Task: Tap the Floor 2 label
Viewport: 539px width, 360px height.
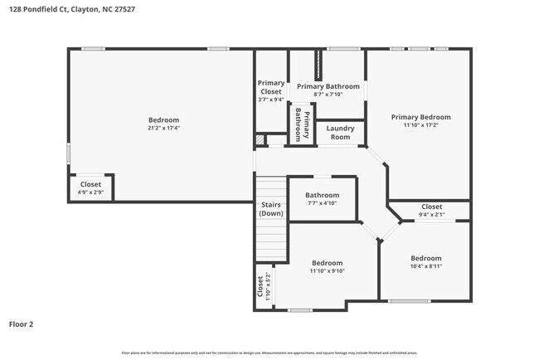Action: coord(22,324)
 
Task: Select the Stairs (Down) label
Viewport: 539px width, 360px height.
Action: coord(270,209)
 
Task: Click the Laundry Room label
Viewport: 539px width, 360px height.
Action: coord(340,132)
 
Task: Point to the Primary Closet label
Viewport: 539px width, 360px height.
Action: coord(270,87)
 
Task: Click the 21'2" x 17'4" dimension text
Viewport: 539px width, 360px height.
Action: coord(163,129)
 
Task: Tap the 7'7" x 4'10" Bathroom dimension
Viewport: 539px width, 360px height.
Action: coord(322,203)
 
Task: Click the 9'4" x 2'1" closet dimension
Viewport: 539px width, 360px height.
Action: coord(431,214)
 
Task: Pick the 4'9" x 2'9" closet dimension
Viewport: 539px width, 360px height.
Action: coord(90,192)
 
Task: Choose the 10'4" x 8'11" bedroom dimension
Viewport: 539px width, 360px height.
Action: coord(426,266)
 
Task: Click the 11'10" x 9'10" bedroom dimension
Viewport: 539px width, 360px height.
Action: coord(327,270)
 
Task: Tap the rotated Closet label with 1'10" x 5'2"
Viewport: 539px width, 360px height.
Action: coord(263,287)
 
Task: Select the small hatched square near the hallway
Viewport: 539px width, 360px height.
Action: coord(260,139)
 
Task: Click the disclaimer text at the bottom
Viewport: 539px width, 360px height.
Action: coord(269,353)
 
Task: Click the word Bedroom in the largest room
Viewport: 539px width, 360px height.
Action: coord(163,120)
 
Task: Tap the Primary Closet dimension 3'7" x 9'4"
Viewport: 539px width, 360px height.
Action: coord(270,100)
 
